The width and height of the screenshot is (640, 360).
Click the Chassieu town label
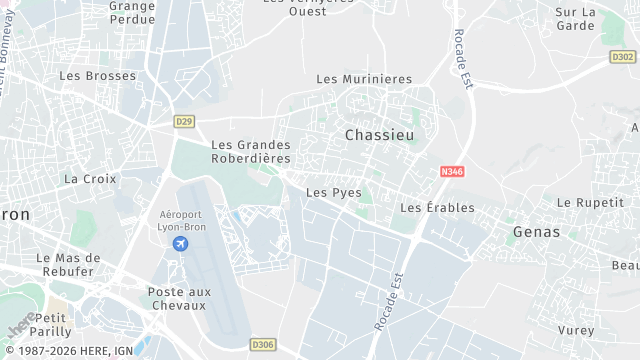[379, 134]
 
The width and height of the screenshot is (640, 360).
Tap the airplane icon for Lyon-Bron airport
[181, 244]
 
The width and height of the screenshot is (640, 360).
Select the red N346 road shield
[452, 172]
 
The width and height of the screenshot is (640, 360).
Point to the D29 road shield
[183, 122]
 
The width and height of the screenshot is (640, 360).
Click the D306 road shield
[264, 345]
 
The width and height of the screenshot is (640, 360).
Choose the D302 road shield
[622, 57]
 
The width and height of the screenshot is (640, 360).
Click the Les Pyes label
[334, 192]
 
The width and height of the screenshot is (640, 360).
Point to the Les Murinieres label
[364, 79]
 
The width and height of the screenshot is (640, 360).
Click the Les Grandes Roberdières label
[251, 151]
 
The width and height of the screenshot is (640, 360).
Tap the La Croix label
[90, 179]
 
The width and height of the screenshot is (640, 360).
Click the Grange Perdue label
[132, 12]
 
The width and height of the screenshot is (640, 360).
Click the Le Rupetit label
[589, 202]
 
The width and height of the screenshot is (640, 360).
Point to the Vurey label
[576, 330]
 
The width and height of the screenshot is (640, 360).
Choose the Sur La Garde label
[575, 19]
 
